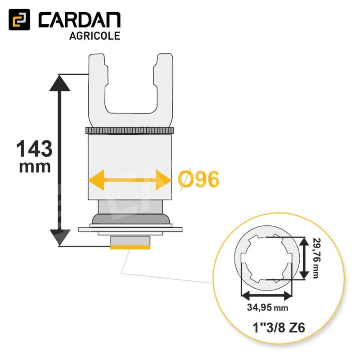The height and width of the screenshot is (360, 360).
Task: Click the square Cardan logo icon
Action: pos(19,19)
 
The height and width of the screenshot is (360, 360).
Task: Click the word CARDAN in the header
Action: pos(80,20)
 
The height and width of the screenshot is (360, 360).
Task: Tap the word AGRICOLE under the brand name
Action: pos(94,36)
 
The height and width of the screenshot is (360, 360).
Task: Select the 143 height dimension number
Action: pos(35,148)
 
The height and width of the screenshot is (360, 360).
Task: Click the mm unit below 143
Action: pos(35,167)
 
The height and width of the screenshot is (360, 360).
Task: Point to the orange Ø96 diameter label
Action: pos(198,180)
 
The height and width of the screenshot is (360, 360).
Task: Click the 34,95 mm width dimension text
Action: pos(267,307)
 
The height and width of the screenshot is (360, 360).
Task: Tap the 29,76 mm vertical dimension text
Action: pos(317,258)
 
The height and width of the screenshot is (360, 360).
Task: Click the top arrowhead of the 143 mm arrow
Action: pos(60,83)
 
